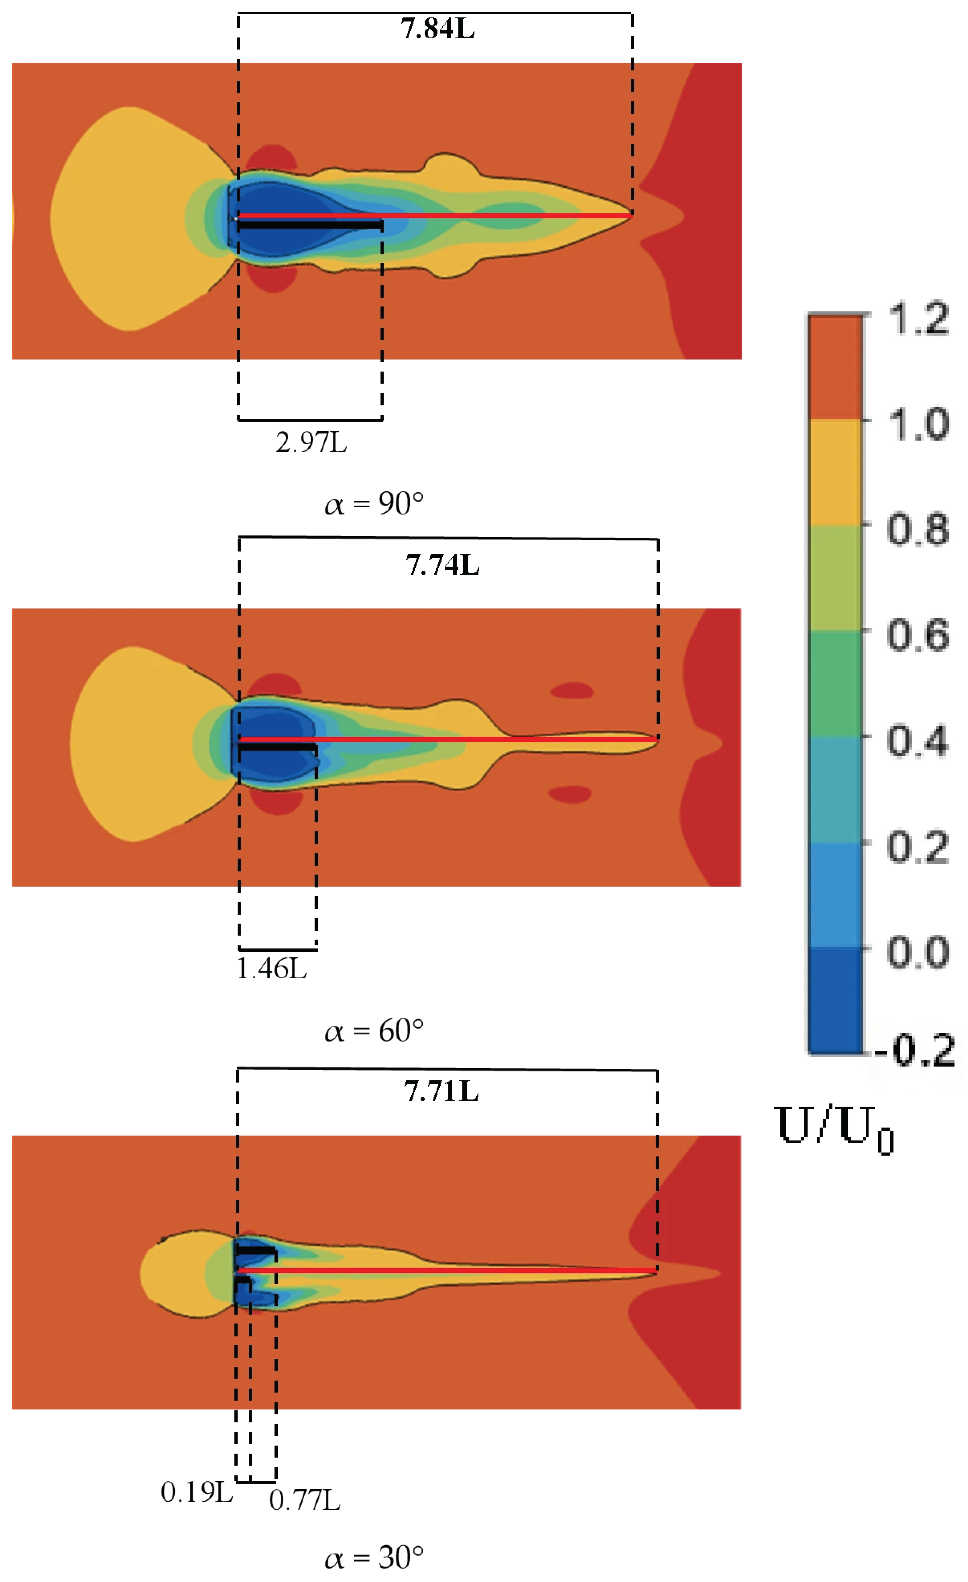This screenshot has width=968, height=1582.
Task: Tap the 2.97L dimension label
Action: [x=311, y=442]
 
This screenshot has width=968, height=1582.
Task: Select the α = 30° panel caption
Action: [x=374, y=1557]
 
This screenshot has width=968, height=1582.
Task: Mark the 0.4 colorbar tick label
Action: [x=918, y=741]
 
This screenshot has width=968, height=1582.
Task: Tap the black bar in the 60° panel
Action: [x=277, y=747]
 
